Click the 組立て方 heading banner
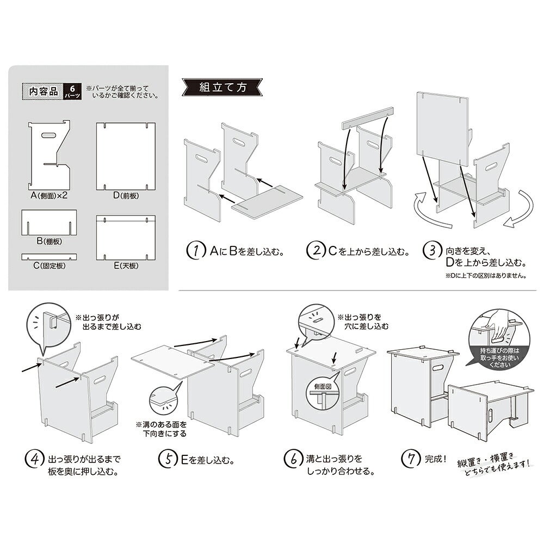coord(222,88)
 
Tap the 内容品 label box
coord(43,91)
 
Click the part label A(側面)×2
coord(49,196)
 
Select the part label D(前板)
coord(126,196)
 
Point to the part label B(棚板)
coord(50,241)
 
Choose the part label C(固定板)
coord(50,266)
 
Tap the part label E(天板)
coord(126,266)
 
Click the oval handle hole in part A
coord(49,135)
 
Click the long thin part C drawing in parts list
coord(49,257)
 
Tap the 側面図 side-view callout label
coord(323,386)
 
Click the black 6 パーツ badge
coord(73,91)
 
